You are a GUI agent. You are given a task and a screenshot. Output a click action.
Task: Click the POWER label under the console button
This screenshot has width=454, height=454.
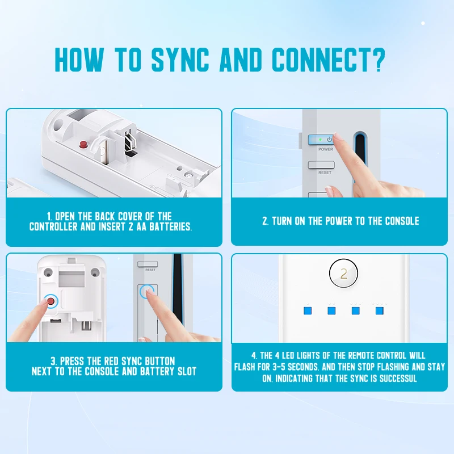point(326,149)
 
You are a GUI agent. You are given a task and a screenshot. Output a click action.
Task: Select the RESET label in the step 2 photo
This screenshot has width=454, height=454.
point(325,173)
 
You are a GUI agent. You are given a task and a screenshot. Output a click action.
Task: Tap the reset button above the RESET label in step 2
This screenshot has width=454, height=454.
point(321,165)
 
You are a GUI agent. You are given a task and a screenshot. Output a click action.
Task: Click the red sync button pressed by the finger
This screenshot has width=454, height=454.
point(52,301)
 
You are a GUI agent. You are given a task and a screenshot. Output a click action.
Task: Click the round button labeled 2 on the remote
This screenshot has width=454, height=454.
point(343,274)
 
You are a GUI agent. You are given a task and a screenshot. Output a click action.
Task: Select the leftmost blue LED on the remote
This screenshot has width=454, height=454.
point(308,310)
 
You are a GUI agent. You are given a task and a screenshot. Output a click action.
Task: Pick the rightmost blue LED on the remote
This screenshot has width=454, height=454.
point(379,310)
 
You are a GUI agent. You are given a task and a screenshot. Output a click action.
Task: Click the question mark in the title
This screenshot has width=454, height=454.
point(377,60)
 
